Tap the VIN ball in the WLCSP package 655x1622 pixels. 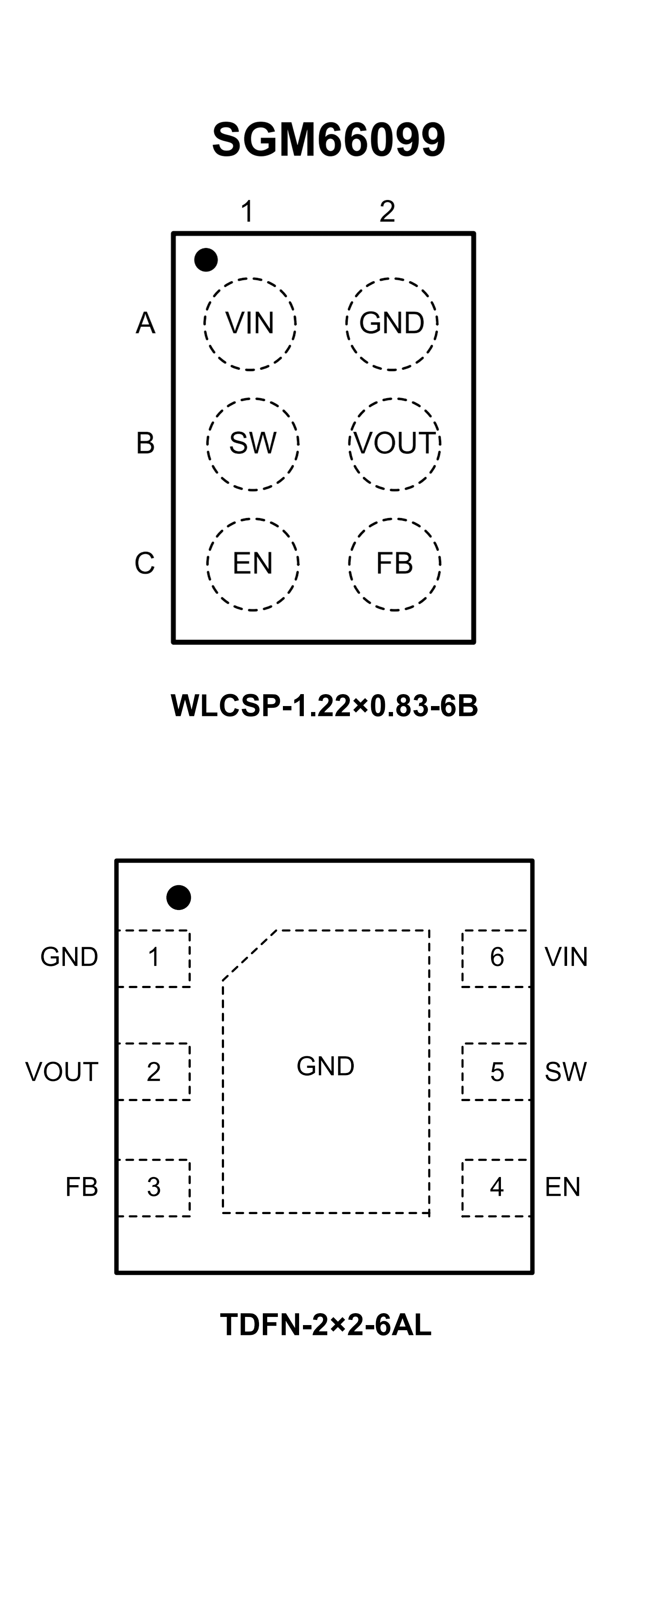pyautogui.click(x=250, y=324)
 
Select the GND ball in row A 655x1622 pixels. pyautogui.click(x=392, y=324)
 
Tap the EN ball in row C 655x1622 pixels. pyautogui.click(x=253, y=564)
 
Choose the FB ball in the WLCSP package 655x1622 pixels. pyautogui.click(x=395, y=564)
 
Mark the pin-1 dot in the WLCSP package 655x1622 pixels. pyautogui.click(x=206, y=259)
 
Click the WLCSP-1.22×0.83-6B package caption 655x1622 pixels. pyautogui.click(x=324, y=706)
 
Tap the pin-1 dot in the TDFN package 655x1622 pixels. pyautogui.click(x=179, y=897)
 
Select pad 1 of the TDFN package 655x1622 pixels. pyautogui.click(x=154, y=958)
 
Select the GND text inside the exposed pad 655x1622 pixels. pyautogui.click(x=326, y=1067)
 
